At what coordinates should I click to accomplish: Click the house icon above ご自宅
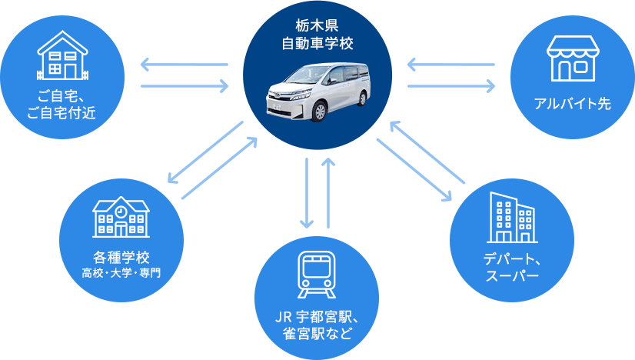[x=63, y=56]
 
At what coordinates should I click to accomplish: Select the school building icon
[x=121, y=216]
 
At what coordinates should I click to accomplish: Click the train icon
[x=316, y=273]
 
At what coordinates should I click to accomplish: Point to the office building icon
[x=512, y=217]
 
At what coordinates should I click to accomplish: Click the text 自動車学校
[x=317, y=43]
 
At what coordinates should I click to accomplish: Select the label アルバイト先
[x=572, y=104]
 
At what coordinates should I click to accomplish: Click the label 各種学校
[x=121, y=256]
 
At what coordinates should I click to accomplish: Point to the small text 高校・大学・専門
[x=121, y=273]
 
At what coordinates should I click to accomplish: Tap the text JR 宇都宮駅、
[x=317, y=315]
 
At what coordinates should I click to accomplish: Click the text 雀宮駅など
[x=317, y=333]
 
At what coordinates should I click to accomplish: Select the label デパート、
[x=512, y=258]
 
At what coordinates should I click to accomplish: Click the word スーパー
[x=512, y=275]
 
